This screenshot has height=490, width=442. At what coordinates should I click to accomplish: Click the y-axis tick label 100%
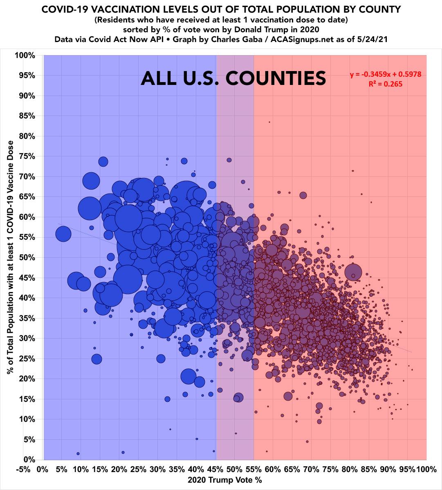(25, 55)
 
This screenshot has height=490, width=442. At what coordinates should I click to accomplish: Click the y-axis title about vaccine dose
(10, 257)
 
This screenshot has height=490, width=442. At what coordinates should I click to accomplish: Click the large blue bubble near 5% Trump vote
(63, 234)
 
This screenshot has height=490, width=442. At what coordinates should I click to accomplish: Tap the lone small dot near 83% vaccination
(269, 122)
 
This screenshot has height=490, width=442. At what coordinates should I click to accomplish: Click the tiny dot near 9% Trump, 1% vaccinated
(78, 454)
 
